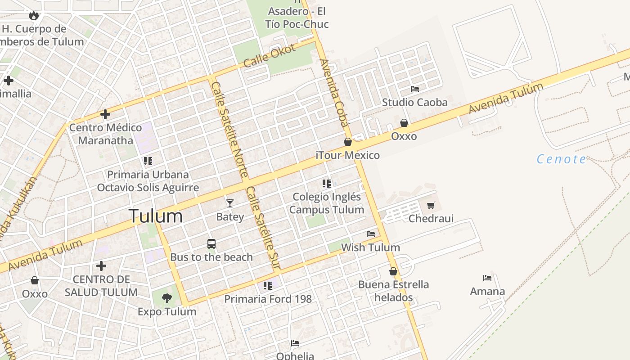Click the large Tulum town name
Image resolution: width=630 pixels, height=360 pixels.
[156, 216]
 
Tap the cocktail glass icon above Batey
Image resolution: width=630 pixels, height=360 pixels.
[230, 203]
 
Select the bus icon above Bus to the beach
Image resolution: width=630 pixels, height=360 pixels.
[211, 244]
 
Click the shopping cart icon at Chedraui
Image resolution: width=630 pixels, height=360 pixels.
[431, 206]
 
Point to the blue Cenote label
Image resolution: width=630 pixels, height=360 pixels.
[562, 159]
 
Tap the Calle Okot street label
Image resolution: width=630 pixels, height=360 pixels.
[270, 55]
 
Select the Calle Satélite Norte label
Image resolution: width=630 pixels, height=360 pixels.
[229, 129]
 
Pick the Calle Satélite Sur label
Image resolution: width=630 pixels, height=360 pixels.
[263, 229]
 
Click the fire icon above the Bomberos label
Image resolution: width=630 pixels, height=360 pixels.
[33, 16]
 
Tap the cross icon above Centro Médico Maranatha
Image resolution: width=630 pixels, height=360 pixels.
[105, 114]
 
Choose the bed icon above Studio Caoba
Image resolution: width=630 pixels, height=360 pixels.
[415, 89]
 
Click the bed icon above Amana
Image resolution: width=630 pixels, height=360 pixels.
[487, 278]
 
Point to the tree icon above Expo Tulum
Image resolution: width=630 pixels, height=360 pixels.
[167, 298]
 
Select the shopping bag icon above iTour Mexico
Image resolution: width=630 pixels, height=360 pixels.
[348, 142]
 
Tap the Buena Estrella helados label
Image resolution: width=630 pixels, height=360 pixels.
[393, 291]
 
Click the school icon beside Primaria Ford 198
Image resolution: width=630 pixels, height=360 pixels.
[268, 285]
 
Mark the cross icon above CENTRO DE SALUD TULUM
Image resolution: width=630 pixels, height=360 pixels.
[101, 266]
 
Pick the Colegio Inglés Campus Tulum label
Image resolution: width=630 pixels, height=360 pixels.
[327, 203]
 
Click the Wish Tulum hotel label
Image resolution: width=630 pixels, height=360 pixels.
[370, 247]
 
